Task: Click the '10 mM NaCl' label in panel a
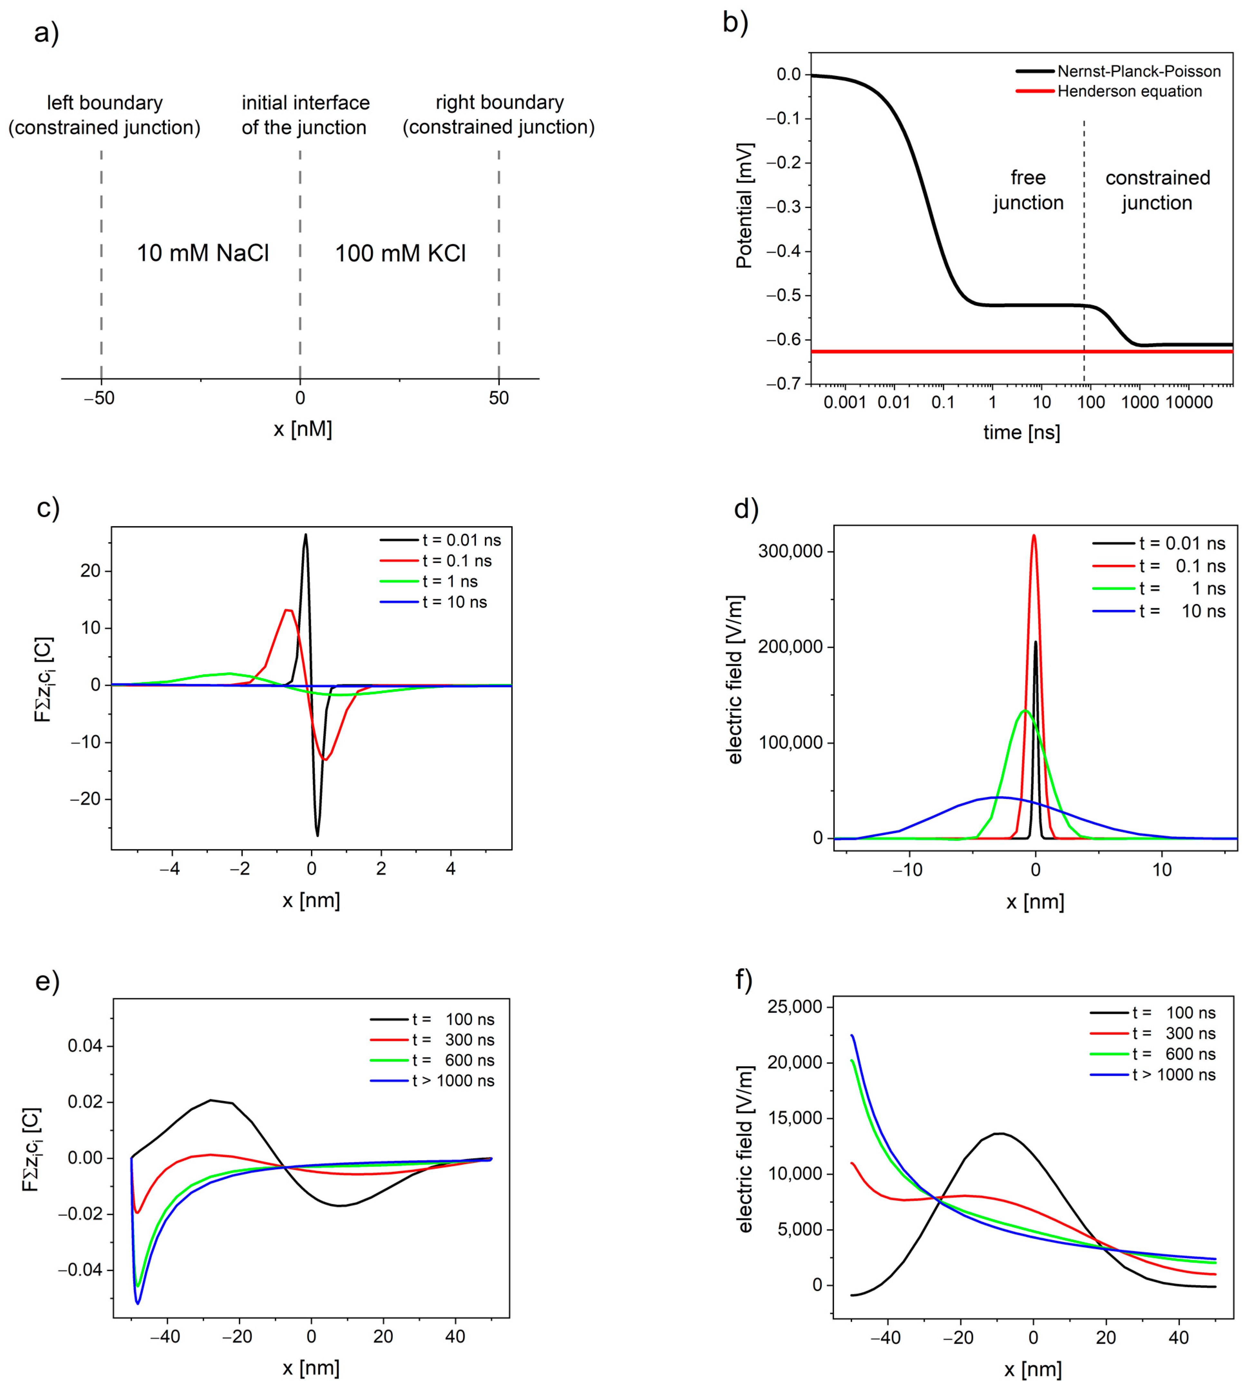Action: pos(203,253)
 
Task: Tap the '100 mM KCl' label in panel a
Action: pos(400,253)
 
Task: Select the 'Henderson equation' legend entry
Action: pos(1129,91)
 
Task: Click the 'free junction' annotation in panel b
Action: pos(1028,190)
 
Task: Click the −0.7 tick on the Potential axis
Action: pos(784,384)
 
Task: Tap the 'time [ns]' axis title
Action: pos(1021,432)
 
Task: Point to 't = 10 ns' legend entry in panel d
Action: pos(1182,611)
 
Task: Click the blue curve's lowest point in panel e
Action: pos(138,1303)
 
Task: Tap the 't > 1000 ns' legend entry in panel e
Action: pos(453,1081)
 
